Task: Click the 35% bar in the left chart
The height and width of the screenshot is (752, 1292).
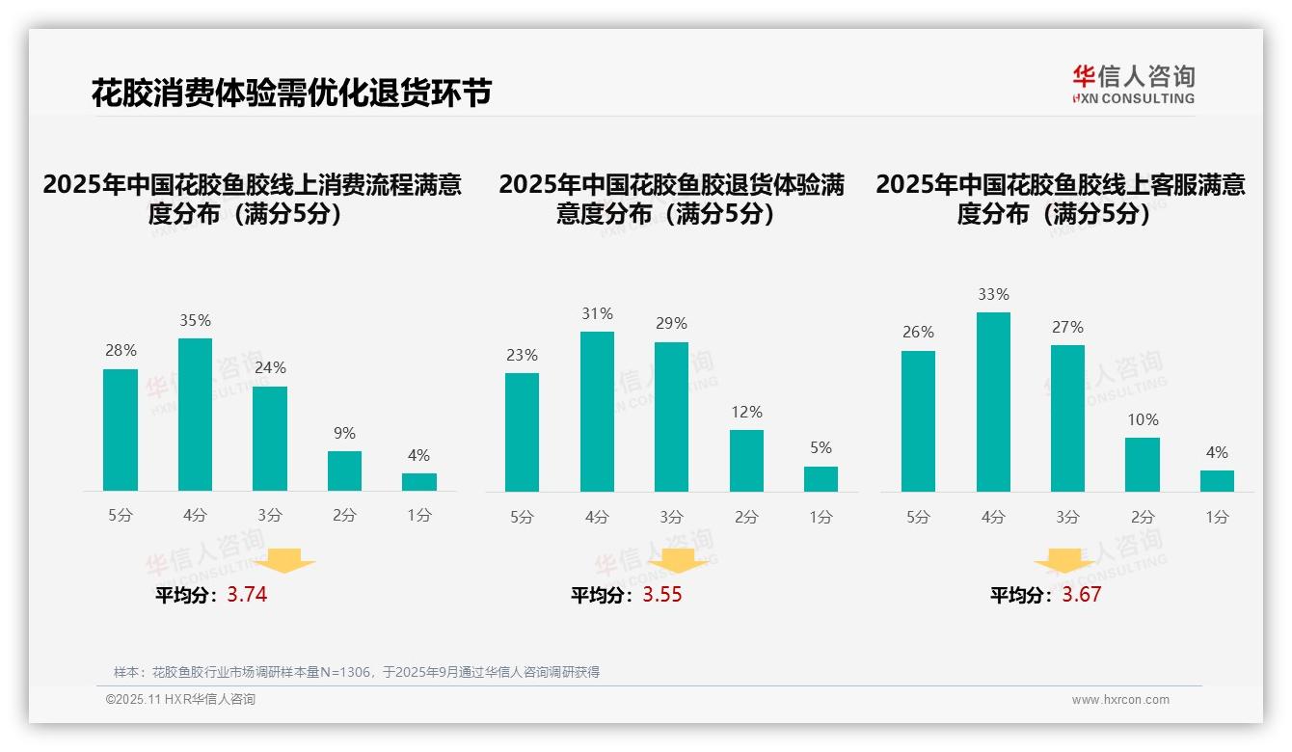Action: (195, 415)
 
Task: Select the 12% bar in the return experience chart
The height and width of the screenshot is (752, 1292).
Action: (746, 461)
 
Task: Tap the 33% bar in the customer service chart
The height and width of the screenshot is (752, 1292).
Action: (993, 402)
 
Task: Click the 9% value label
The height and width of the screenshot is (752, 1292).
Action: (344, 434)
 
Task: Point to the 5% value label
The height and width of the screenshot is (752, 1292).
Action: (821, 448)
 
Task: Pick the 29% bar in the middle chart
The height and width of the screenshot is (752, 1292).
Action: (671, 416)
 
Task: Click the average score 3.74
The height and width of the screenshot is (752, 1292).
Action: (247, 595)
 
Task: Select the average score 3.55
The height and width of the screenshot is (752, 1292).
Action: (661, 595)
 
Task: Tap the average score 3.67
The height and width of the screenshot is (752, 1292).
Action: (1081, 595)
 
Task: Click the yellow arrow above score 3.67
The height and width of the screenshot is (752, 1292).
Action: (1064, 562)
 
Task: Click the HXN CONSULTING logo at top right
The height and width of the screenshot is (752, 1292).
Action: (1133, 84)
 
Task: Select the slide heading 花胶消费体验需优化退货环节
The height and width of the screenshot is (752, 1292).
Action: (291, 93)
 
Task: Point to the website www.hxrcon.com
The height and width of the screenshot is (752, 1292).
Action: (1120, 700)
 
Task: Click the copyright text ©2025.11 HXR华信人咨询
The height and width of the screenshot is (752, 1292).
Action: (180, 700)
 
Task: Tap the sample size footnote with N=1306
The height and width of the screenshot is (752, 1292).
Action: (357, 672)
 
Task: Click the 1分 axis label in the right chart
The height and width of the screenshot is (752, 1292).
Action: (1217, 517)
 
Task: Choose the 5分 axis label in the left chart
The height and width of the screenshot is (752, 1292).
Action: (121, 516)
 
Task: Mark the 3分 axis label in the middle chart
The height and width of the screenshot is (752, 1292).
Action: (671, 517)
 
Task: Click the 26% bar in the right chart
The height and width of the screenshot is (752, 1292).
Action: (918, 421)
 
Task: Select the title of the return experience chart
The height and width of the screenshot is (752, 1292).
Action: (671, 199)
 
